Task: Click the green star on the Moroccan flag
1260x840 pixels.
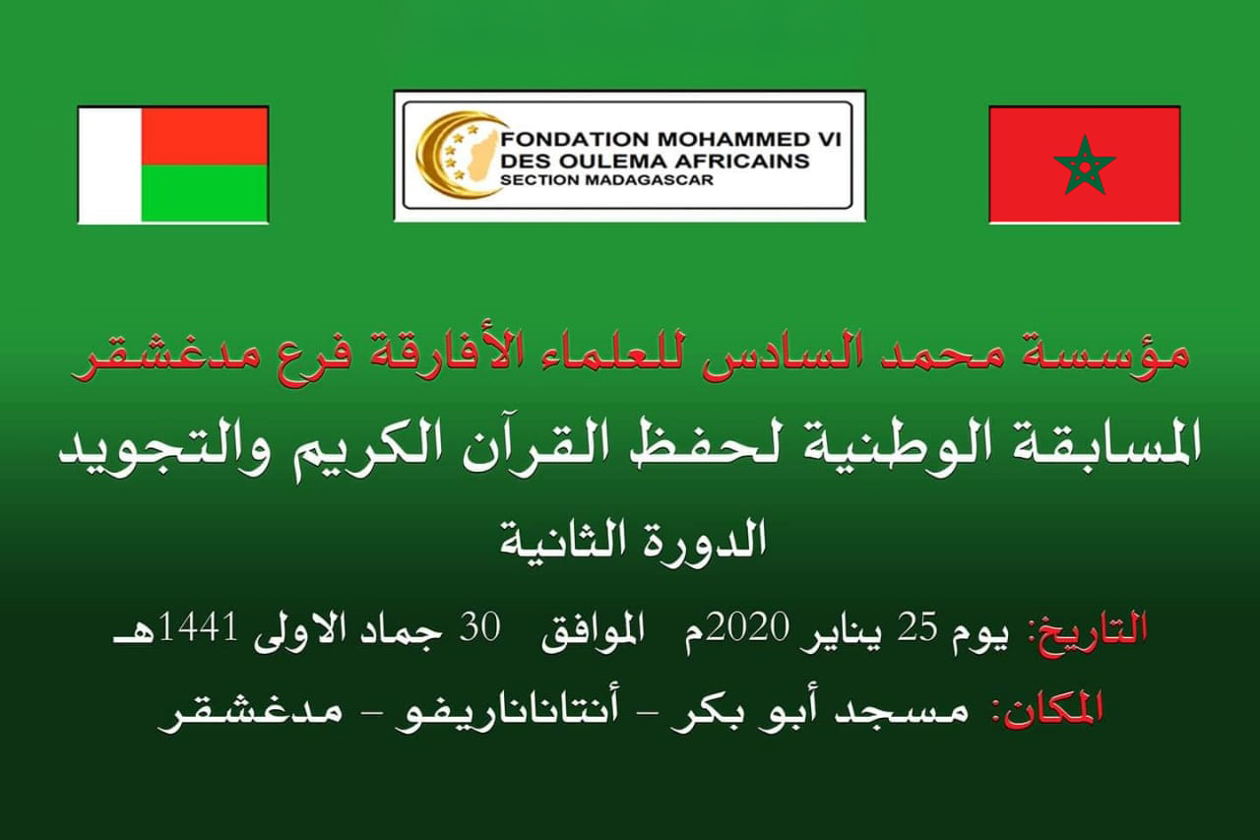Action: [1085, 164]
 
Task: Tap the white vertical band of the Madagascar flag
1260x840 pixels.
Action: [109, 164]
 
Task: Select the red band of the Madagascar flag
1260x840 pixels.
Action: [205, 136]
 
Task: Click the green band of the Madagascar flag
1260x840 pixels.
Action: [205, 194]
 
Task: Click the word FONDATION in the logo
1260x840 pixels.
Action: [568, 140]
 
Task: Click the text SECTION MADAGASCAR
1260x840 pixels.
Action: [606, 180]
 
